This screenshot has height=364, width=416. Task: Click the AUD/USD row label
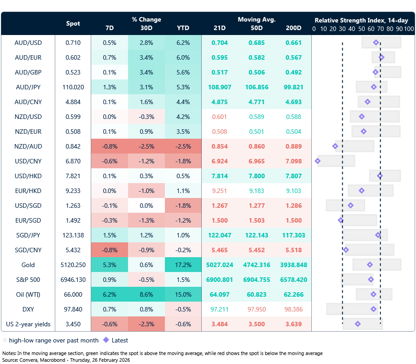click(28, 43)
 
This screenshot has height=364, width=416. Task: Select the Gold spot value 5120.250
click(73, 265)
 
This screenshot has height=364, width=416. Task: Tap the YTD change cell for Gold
click(183, 265)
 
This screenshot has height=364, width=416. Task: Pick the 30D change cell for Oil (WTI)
click(146, 294)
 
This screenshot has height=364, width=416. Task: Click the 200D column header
click(293, 28)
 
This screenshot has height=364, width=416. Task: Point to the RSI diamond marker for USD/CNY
click(318, 161)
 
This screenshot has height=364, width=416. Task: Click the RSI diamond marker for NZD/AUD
click(335, 146)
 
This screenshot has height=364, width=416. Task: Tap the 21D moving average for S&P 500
click(220, 280)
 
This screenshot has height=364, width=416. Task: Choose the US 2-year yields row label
click(28, 324)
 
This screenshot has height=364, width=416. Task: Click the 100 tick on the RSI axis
click(408, 29)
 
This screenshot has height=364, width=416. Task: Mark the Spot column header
click(73, 23)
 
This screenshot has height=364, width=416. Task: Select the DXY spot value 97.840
click(73, 309)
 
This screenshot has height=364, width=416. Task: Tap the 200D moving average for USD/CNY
click(293, 161)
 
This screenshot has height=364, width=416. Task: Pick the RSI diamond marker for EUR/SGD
click(341, 220)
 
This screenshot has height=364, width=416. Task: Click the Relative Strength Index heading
click(361, 20)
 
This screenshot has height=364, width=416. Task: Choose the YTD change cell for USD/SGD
click(183, 206)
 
